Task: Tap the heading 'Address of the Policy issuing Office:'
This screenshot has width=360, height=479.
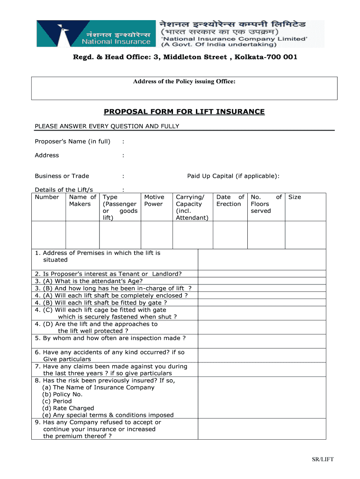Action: coord(184,82)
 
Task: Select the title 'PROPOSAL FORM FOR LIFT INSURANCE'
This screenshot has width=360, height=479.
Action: coord(184,112)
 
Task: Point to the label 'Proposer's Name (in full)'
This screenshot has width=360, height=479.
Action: coord(72,141)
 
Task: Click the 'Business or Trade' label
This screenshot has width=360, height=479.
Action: coord(62,176)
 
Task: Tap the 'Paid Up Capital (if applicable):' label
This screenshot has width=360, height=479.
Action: coord(233,176)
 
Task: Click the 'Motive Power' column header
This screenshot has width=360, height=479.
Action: coord(154,201)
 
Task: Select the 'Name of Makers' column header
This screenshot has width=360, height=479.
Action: coord(82,201)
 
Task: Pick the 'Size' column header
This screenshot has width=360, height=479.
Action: coord(295,197)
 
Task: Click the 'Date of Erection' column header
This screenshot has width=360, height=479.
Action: coord(230,201)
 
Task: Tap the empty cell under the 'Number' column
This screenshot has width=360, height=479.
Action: coord(49,235)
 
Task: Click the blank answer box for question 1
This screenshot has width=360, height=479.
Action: coord(262,259)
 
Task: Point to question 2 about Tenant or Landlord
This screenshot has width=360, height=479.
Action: coord(108,274)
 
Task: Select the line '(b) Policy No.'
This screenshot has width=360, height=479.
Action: coord(63,394)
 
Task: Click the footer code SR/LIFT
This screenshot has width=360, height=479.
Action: coord(323,459)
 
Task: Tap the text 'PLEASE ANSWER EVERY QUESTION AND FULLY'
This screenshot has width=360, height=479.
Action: coord(107,126)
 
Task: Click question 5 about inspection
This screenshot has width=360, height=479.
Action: coord(110,338)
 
